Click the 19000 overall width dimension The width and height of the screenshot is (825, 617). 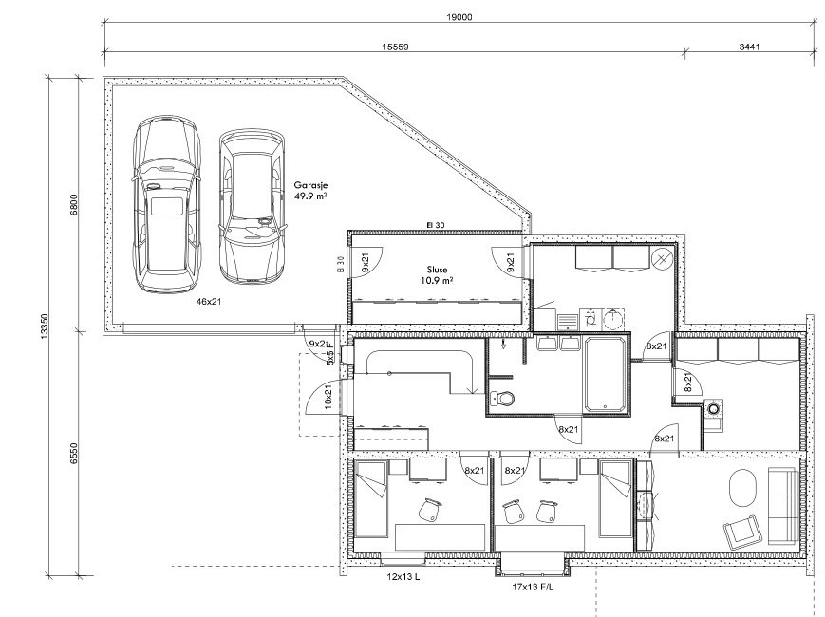[459, 17]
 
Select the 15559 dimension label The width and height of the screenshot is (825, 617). [395, 47]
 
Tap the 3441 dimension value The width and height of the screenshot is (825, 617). [749, 47]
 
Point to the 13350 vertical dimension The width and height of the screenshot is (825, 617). [45, 327]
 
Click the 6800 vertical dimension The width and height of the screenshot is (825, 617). [74, 205]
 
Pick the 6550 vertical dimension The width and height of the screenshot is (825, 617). [74, 453]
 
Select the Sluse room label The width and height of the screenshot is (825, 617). [438, 270]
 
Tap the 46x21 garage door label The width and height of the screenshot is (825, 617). [209, 302]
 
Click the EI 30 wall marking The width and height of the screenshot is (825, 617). [435, 225]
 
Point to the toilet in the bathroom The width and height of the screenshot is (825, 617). [502, 399]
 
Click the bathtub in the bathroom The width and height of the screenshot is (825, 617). [605, 375]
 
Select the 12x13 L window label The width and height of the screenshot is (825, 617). [403, 577]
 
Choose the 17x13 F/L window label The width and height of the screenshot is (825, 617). [533, 587]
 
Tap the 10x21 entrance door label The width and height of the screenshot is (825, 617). [328, 397]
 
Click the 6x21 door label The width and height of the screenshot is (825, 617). [664, 439]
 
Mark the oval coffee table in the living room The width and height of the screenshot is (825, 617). [742, 488]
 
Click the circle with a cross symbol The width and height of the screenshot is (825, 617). [661, 258]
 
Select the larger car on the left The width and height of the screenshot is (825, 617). [167, 204]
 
